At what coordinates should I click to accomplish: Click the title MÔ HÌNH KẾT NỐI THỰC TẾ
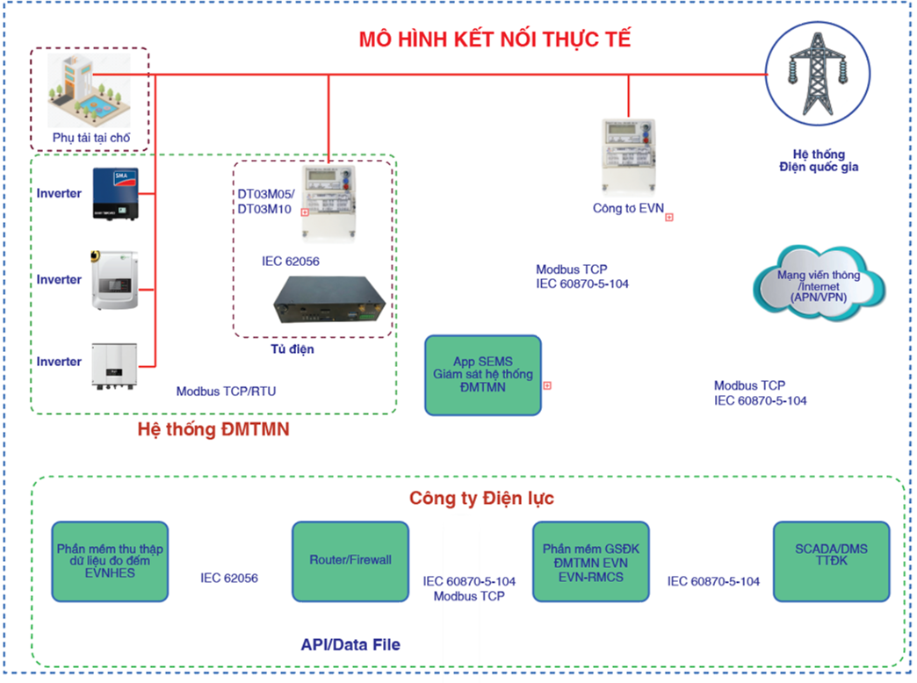(x=495, y=40)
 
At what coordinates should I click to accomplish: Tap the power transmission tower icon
(x=818, y=74)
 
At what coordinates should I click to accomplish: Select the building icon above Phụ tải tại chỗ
(x=89, y=90)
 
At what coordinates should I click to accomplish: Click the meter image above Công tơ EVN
(x=628, y=155)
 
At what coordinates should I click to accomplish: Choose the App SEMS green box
(x=482, y=375)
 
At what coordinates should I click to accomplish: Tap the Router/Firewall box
(x=350, y=560)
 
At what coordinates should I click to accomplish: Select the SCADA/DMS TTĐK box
(x=830, y=560)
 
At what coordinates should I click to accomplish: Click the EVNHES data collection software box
(x=110, y=560)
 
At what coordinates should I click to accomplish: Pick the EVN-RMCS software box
(x=590, y=560)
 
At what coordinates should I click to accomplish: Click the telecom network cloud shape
(x=819, y=284)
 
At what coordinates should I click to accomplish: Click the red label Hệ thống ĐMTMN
(x=213, y=430)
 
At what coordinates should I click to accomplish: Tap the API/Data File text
(x=350, y=645)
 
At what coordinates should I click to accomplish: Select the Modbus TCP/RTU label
(x=226, y=391)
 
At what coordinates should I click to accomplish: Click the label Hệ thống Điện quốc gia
(x=818, y=159)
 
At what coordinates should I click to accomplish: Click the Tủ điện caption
(x=291, y=349)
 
